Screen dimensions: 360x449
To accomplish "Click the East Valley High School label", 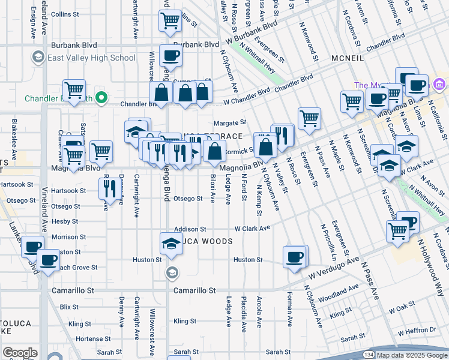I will coord(92,58).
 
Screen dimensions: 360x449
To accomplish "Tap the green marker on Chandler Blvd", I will coord(103,98).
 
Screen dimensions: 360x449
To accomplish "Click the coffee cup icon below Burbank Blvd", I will coord(170,56).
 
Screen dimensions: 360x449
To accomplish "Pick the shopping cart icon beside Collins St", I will coord(170,21).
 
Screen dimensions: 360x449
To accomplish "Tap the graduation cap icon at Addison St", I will coord(170,243).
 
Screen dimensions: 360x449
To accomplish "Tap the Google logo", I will coord(20,353).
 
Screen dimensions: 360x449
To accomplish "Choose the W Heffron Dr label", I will coord(417,329).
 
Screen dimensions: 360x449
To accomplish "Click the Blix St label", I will coord(69,307).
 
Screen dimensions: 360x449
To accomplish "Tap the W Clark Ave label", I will coord(252,229).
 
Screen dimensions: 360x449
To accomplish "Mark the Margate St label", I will coord(235,122).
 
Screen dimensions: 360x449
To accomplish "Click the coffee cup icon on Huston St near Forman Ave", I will coord(295,257).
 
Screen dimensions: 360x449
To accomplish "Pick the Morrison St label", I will coord(68,237).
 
